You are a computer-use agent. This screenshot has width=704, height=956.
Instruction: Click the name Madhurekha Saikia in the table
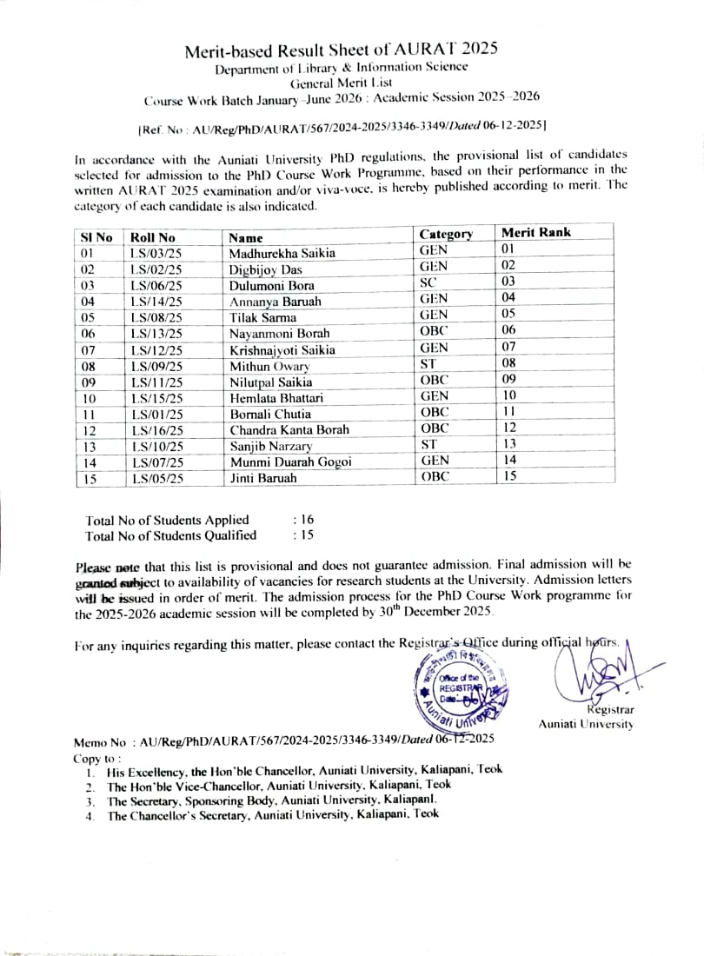click(x=282, y=254)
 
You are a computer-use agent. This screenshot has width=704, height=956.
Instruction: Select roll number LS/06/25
click(x=156, y=286)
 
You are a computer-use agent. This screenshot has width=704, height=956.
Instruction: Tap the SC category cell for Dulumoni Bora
click(x=428, y=282)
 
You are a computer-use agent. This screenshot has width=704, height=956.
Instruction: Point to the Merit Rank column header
click(x=536, y=232)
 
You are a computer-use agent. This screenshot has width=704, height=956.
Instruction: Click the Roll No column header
click(x=152, y=237)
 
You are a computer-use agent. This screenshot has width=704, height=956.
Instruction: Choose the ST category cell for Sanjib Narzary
click(x=428, y=445)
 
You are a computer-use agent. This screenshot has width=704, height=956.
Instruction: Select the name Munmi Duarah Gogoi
click(x=290, y=462)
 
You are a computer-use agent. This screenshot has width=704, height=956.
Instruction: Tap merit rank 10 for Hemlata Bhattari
click(x=509, y=396)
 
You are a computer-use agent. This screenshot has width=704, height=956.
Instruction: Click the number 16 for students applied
click(x=307, y=520)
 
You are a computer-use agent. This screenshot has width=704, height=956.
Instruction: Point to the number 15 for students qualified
click(x=307, y=535)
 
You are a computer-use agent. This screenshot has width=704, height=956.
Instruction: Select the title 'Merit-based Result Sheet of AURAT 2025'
click(x=342, y=50)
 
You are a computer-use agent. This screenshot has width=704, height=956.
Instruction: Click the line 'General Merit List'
click(x=341, y=83)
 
